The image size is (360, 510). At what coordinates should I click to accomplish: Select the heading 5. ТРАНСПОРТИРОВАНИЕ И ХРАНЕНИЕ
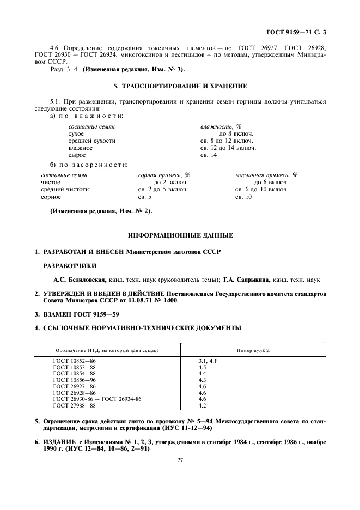click(180, 86)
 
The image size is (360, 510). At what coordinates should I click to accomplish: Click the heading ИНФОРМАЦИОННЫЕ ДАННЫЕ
click(180, 235)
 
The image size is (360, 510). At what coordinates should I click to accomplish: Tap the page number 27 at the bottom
click(180, 460)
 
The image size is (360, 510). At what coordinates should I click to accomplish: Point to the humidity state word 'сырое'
click(77, 155)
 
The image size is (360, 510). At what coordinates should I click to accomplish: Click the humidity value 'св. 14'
click(209, 155)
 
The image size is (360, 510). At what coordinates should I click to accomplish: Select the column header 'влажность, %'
click(221, 126)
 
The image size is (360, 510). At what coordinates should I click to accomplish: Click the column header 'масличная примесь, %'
click(266, 175)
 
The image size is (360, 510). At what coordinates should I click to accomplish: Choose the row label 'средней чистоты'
click(65, 190)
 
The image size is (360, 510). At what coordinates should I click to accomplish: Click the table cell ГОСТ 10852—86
click(74, 361)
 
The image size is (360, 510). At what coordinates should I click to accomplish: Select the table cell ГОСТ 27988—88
click(74, 406)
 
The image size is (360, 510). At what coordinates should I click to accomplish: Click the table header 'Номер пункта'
click(253, 350)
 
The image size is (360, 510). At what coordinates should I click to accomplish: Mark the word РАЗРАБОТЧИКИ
click(70, 266)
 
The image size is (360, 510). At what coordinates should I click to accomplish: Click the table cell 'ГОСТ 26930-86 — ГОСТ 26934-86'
click(97, 399)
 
